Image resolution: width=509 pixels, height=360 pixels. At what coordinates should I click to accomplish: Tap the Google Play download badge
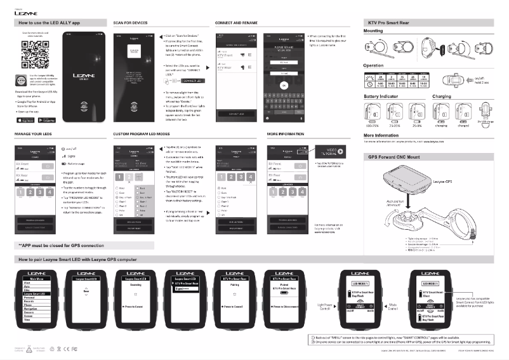[46, 119]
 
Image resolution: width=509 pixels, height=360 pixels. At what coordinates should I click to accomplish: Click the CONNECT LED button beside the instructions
[191, 81]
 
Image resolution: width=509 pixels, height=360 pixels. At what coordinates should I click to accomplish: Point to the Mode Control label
[392, 305]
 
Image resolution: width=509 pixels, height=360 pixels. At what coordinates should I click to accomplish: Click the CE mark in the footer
[65, 349]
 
